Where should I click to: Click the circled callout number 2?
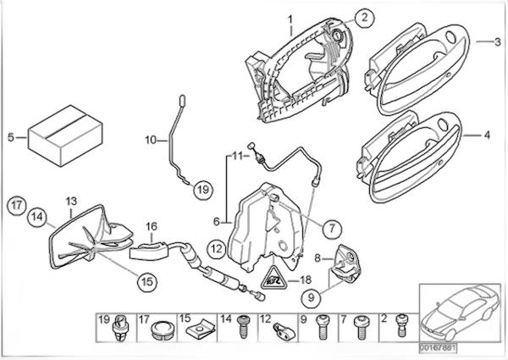(364, 18)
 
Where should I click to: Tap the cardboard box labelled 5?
(65, 136)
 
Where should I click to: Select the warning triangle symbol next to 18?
(273, 279)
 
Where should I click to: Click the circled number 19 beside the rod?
(203, 190)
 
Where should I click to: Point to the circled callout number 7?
(332, 229)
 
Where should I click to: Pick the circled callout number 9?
(311, 296)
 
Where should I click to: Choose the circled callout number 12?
(217, 249)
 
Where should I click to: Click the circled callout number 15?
(147, 281)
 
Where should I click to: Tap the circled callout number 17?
(17, 206)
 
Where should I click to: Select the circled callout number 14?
(37, 217)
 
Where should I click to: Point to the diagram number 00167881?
(438, 348)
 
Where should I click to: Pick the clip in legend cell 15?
(202, 330)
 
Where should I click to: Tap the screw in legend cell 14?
(243, 327)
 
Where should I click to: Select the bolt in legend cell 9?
(322, 327)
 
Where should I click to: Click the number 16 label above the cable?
(152, 226)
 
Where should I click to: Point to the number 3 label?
(497, 42)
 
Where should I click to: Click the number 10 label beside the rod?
(151, 141)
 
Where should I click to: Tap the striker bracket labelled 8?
(345, 263)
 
